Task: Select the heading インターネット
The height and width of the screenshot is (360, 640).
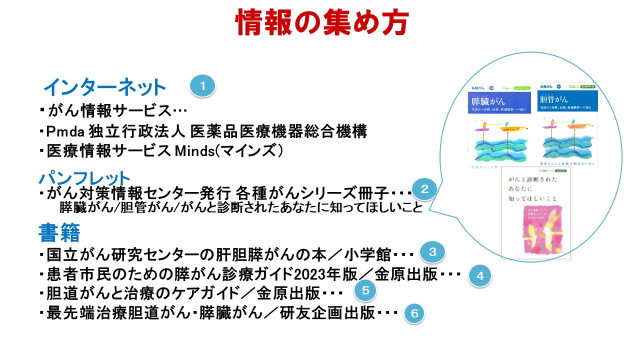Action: click(x=104, y=88)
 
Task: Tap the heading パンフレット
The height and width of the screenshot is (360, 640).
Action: click(x=84, y=177)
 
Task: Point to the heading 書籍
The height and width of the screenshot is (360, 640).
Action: click(x=59, y=232)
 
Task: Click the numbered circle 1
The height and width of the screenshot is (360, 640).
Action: click(x=202, y=86)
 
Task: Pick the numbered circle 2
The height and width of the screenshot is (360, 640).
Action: click(x=424, y=189)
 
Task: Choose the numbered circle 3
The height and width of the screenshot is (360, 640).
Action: click(x=432, y=252)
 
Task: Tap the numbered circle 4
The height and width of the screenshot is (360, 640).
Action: click(x=479, y=275)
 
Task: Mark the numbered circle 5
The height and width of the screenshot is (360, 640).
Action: click(x=365, y=289)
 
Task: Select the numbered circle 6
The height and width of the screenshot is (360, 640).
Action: click(x=414, y=313)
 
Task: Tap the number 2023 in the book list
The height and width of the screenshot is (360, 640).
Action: click(x=310, y=274)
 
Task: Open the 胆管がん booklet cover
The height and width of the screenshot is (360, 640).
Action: click(x=567, y=125)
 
